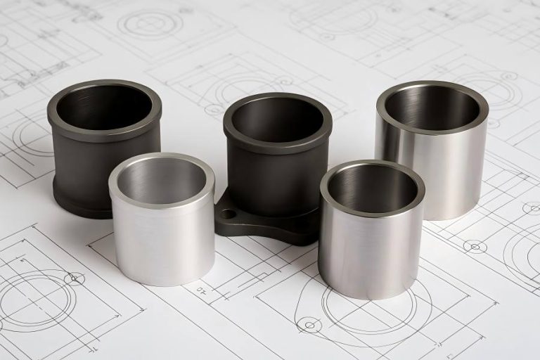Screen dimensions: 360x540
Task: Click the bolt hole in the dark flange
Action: (226, 213)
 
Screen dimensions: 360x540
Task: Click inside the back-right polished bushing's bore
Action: (432, 108)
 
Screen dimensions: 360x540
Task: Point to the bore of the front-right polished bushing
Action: (372, 188)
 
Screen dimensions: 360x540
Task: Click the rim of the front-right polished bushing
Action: (372, 166)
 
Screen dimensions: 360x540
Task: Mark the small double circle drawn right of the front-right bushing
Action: (475, 245)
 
